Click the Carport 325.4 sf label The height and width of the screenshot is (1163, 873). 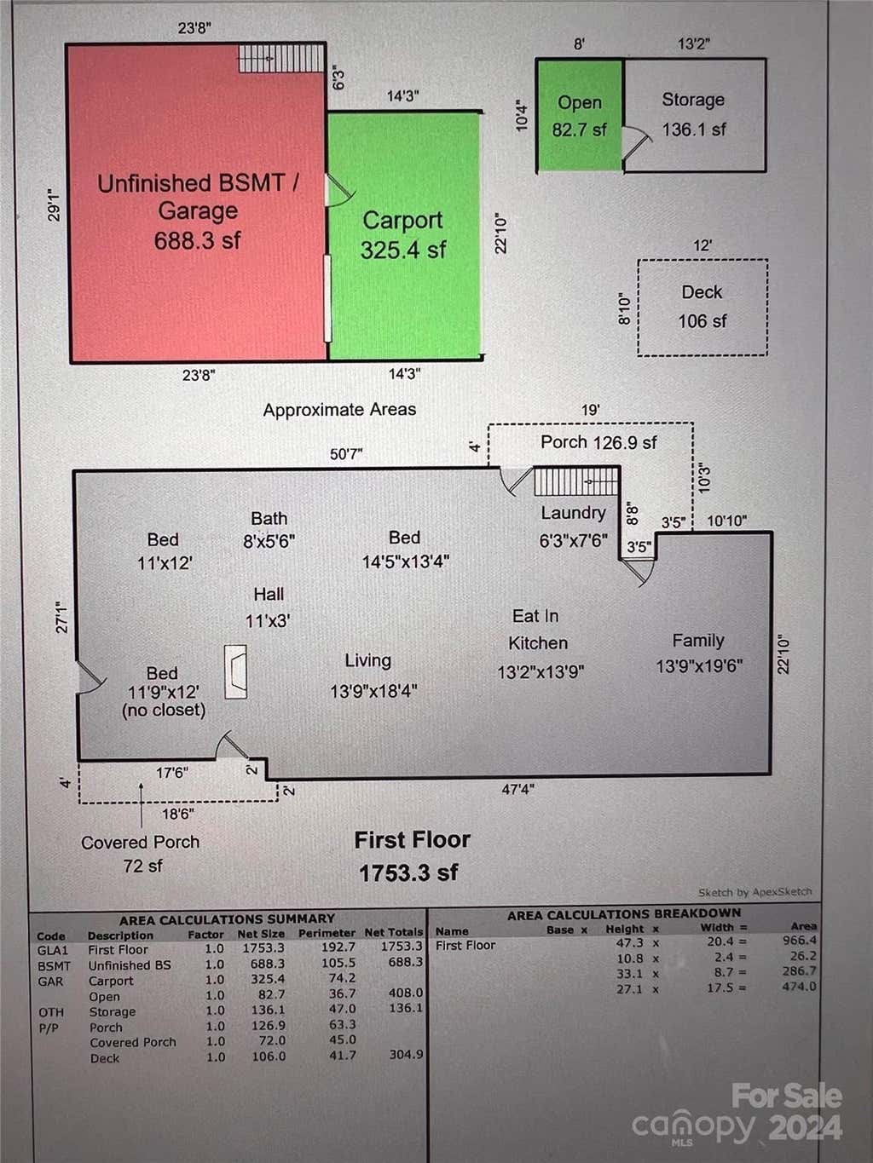(403, 234)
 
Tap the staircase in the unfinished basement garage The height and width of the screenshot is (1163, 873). (281, 58)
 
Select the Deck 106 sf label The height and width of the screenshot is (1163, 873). (702, 306)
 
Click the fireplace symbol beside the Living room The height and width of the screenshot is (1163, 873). (235, 671)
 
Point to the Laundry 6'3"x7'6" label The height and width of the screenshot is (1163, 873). (573, 527)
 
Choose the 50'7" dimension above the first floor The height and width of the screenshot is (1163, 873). (346, 454)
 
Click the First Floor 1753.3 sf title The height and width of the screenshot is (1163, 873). (411, 855)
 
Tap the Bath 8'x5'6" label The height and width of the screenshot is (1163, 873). (269, 529)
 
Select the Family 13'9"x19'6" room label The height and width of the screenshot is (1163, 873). (698, 653)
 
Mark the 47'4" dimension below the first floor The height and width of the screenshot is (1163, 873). (517, 790)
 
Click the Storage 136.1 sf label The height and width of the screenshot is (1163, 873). (693, 114)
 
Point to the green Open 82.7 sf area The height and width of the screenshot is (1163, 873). (580, 115)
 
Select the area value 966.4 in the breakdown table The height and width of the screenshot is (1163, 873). (800, 940)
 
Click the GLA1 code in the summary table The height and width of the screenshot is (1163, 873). (53, 951)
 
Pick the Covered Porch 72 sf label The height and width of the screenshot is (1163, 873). (141, 854)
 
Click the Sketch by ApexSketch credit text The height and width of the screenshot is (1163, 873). (754, 892)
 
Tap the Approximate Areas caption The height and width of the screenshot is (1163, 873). (339, 410)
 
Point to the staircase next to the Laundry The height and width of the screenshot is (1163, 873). (576, 481)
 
